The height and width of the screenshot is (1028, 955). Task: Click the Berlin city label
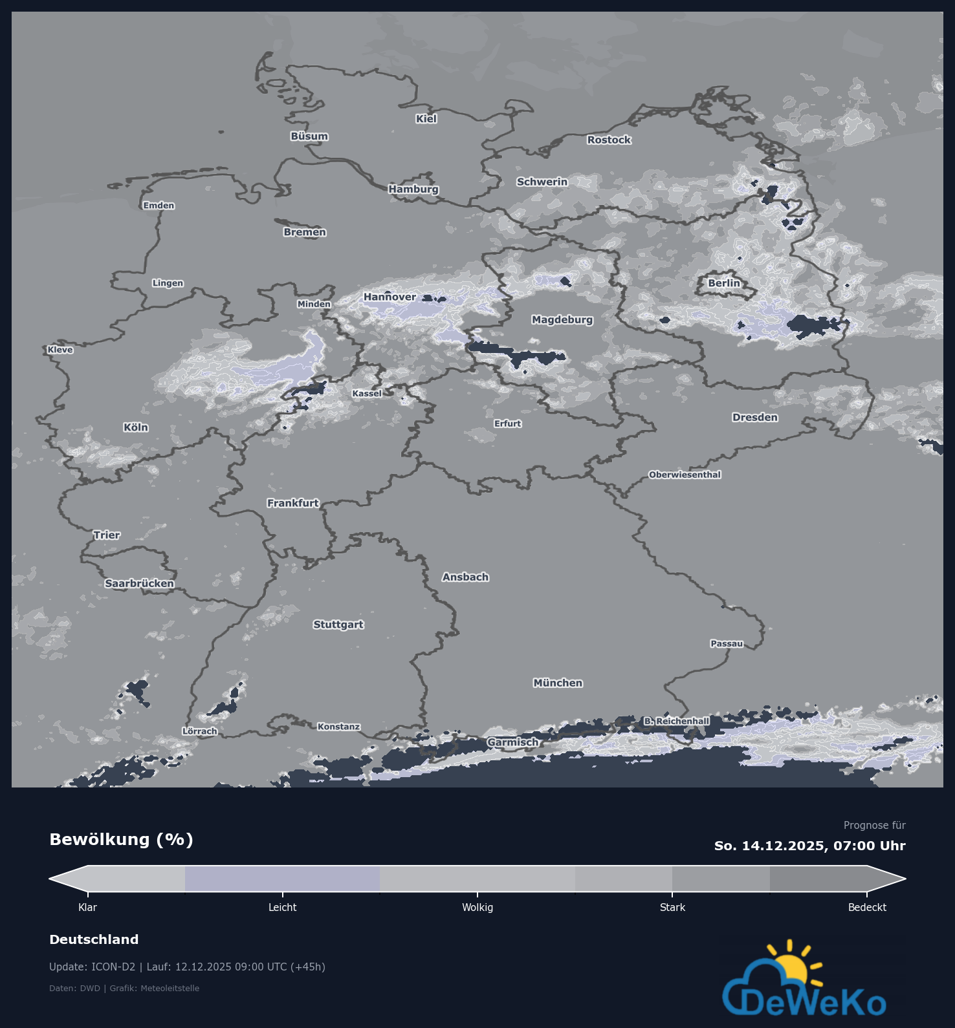723,283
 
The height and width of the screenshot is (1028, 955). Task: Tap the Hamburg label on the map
413,189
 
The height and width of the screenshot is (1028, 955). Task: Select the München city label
558,683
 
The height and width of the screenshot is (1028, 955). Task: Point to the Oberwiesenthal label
685,475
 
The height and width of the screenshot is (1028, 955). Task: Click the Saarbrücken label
139,583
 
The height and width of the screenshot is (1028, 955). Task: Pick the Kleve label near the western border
60,350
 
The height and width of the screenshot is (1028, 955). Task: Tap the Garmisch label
512,742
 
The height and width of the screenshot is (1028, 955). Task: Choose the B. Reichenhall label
676,721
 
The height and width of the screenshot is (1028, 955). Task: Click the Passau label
727,643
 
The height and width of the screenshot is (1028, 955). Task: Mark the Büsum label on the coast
309,136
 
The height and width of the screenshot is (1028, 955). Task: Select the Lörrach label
199,731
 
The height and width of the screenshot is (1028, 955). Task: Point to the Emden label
159,206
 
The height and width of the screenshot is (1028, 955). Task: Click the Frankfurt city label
293,503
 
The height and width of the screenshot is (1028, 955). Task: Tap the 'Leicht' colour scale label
283,908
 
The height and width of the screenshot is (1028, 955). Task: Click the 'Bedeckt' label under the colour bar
867,908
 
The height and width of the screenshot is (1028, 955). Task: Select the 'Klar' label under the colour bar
87,908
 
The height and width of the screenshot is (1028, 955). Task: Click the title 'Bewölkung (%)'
122,840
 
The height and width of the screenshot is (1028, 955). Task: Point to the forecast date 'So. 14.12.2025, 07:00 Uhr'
809,846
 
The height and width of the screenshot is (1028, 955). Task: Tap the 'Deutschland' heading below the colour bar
94,939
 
